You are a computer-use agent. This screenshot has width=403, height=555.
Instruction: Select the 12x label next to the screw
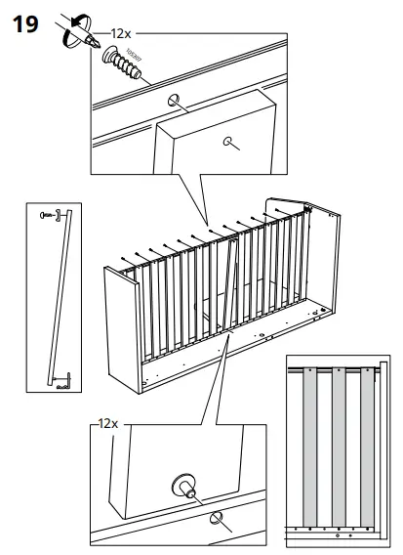pos(121,32)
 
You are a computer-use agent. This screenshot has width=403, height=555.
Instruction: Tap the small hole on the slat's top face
pos(231,141)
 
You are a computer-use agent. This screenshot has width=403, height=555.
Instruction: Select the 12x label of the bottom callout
pos(107,425)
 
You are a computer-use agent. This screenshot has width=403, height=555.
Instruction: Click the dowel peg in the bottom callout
pos(183,483)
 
